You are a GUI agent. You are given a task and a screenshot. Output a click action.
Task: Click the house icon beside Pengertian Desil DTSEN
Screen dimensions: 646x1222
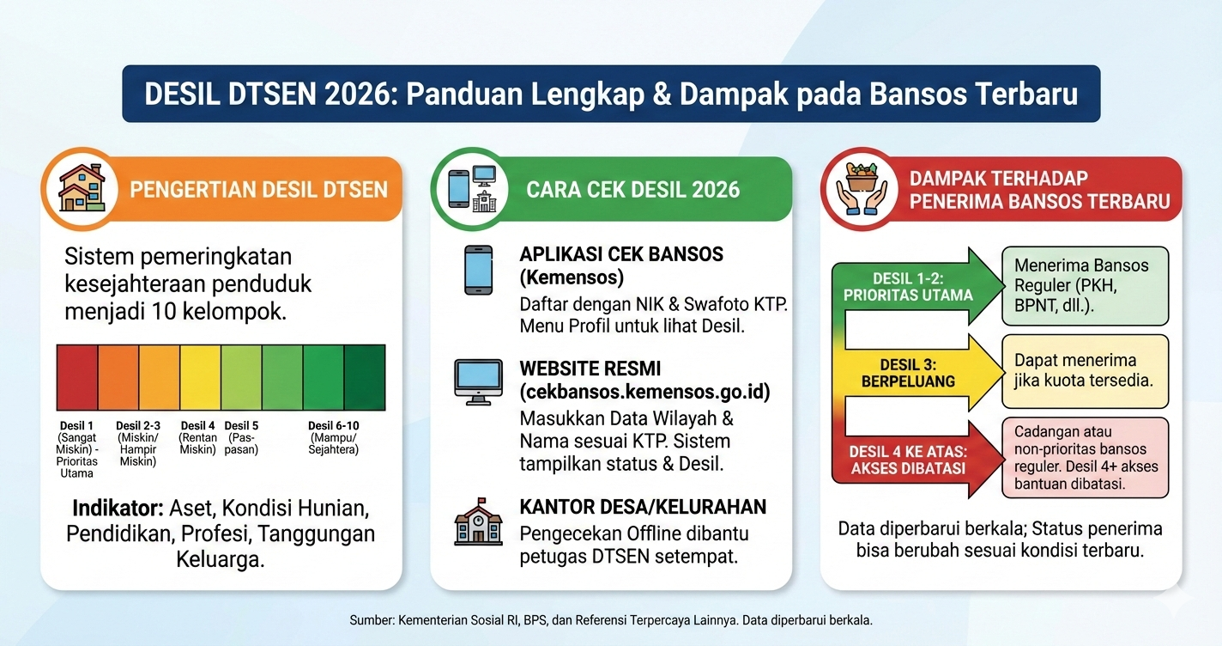point(82,188)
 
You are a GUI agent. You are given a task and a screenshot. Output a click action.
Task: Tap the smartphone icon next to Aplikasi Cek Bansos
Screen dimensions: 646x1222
point(478,270)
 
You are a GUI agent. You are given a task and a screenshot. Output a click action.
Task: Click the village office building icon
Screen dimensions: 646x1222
point(478,521)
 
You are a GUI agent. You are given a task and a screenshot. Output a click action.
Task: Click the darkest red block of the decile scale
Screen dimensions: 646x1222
point(77,378)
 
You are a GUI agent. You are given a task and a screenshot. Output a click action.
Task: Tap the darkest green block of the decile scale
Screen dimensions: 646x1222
point(364,378)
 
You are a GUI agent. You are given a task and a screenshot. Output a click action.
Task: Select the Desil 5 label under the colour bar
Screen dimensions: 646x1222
point(241,426)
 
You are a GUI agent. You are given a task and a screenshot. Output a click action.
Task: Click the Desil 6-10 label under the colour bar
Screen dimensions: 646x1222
point(333,426)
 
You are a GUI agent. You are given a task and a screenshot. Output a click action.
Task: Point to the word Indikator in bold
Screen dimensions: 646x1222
point(118,508)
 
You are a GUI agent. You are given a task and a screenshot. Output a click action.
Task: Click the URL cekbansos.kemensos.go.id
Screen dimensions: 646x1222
point(644,392)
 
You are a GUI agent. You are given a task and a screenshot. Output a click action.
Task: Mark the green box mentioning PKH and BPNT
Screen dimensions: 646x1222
point(1085,286)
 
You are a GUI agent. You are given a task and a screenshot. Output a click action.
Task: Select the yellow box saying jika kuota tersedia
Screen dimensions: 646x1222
point(1085,371)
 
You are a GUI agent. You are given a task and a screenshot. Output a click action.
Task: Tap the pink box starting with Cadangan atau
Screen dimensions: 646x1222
point(1085,458)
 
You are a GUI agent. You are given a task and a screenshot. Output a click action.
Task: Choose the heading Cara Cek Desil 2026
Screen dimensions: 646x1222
point(632,190)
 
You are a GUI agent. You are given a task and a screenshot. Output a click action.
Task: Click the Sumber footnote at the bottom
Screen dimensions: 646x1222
point(610,619)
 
